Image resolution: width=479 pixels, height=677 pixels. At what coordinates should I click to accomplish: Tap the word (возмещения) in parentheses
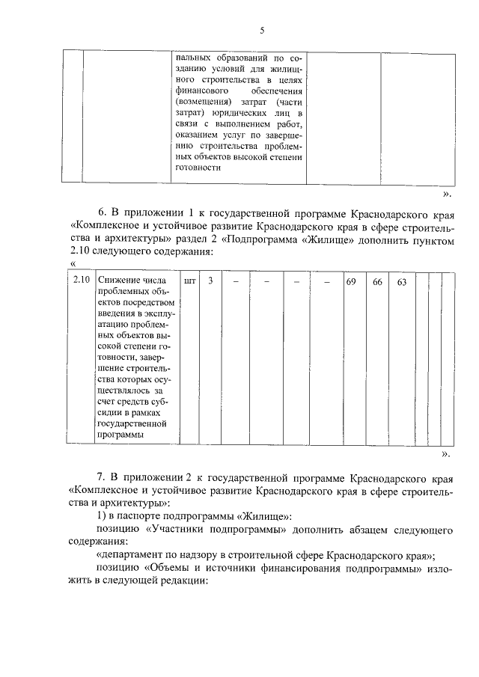click(203, 100)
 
